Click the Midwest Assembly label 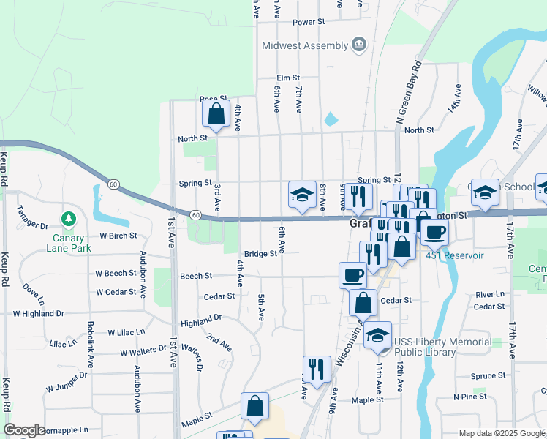pyautogui.click(x=306, y=45)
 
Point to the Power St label pyautogui.click(x=308, y=23)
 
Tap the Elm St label pyautogui.click(x=288, y=78)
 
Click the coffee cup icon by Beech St pyautogui.click(x=352, y=275)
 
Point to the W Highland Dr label pyautogui.click(x=38, y=313)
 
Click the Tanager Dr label pyautogui.click(x=33, y=227)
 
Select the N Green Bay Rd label pyautogui.click(x=410, y=91)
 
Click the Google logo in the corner pyautogui.click(x=24, y=430)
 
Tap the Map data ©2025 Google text pyautogui.click(x=501, y=433)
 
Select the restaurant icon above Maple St pyautogui.click(x=317, y=368)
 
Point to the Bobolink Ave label pyautogui.click(x=91, y=344)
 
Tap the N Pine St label pyautogui.click(x=469, y=397)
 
